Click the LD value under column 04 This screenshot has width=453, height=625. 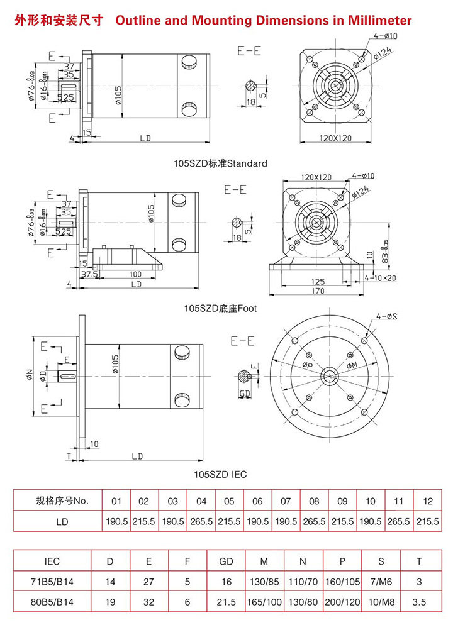click(x=201, y=521)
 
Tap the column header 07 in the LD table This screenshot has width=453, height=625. click(x=286, y=501)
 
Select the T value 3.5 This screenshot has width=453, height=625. click(x=419, y=602)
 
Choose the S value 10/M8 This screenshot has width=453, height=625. click(x=382, y=602)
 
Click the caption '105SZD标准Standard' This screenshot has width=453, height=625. click(x=220, y=163)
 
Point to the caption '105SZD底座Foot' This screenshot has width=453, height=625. click(x=220, y=309)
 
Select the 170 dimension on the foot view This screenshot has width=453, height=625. click(x=318, y=291)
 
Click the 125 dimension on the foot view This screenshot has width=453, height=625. click(x=318, y=280)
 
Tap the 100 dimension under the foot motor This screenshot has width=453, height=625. click(x=135, y=274)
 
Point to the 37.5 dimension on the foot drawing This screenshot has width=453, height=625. click(x=89, y=274)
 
